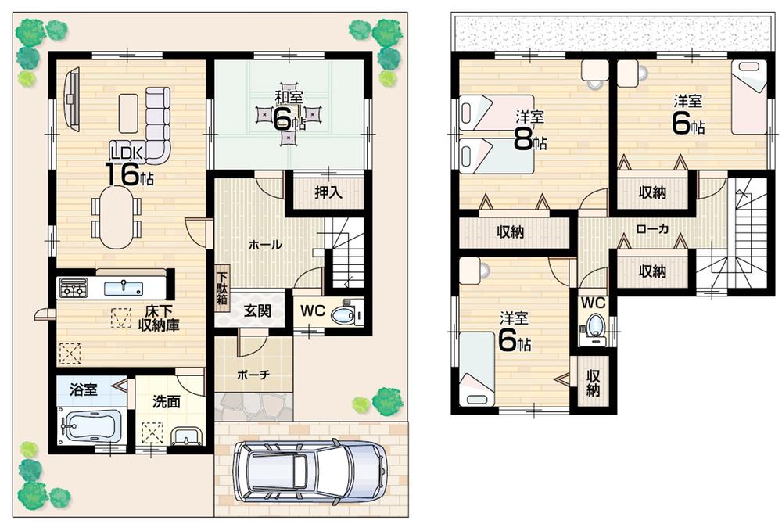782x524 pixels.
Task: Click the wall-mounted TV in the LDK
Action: (73, 97)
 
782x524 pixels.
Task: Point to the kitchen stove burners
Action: (73, 289)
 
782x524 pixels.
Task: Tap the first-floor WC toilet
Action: (344, 315)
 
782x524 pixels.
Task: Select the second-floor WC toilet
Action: (597, 325)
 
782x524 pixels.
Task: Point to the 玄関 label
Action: (257, 310)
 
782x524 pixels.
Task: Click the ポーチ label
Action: (253, 375)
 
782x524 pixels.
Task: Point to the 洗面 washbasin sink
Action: (185, 435)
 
